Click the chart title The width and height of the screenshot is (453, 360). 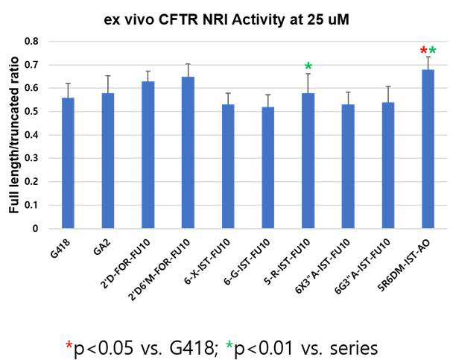click(226, 20)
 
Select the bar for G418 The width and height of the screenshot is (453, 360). click(69, 163)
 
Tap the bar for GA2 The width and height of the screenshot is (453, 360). click(108, 161)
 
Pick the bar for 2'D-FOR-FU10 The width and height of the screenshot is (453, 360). click(148, 155)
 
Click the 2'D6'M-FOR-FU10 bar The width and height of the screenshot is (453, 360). click(188, 153)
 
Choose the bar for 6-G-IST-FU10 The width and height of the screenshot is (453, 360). click(267, 168)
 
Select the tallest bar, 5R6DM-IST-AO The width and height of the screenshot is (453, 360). click(428, 149)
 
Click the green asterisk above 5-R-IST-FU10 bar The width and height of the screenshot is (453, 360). click(308, 66)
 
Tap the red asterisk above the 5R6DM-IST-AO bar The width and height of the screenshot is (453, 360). click(423, 51)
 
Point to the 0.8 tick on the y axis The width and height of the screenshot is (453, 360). click(32, 41)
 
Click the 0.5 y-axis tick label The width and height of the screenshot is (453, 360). click(32, 112)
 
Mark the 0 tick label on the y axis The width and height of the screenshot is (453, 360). click(35, 229)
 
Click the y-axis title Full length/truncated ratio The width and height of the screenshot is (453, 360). click(14, 135)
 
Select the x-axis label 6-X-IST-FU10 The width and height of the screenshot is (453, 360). click(207, 262)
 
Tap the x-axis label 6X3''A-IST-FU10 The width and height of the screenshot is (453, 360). click(323, 266)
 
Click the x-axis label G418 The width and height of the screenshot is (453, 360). click(60, 249)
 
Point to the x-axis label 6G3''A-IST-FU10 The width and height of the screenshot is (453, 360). click(362, 266)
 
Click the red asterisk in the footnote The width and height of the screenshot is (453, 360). click(69, 344)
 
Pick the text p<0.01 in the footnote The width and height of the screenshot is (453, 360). click(264, 348)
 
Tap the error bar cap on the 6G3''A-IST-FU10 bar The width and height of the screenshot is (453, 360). click(388, 86)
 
